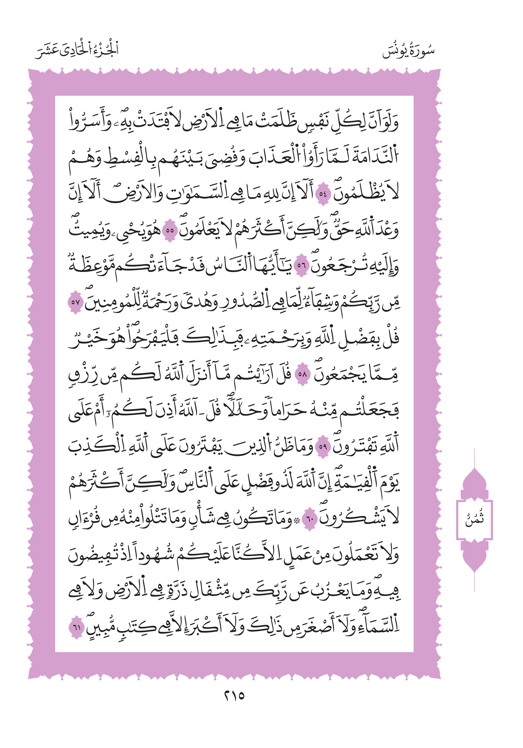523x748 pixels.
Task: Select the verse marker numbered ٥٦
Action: [301, 266]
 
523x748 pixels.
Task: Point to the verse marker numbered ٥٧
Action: [75, 302]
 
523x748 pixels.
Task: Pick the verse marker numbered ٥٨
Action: [302, 374]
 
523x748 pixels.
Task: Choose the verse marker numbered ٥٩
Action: [323, 446]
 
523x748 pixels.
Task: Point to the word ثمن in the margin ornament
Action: [474, 519]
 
